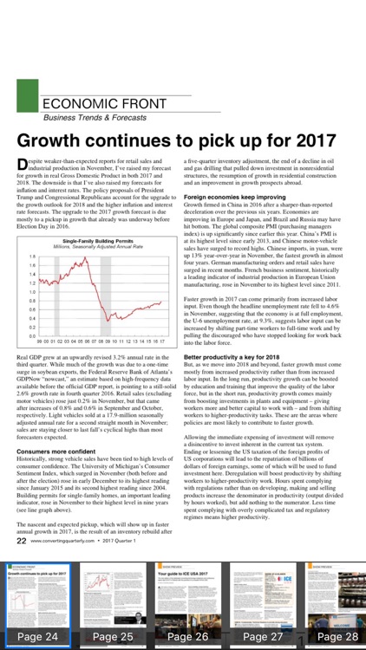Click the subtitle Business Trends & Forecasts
[x=96, y=117]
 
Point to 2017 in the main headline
[x=316, y=141]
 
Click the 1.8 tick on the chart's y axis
[x=32, y=257]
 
